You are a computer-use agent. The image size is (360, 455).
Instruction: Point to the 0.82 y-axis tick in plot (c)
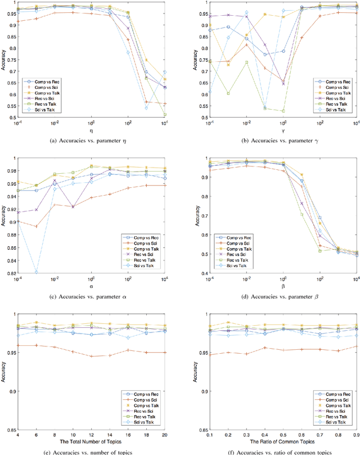coord(11,273)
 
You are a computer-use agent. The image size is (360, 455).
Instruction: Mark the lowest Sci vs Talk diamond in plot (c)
coord(37,272)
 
